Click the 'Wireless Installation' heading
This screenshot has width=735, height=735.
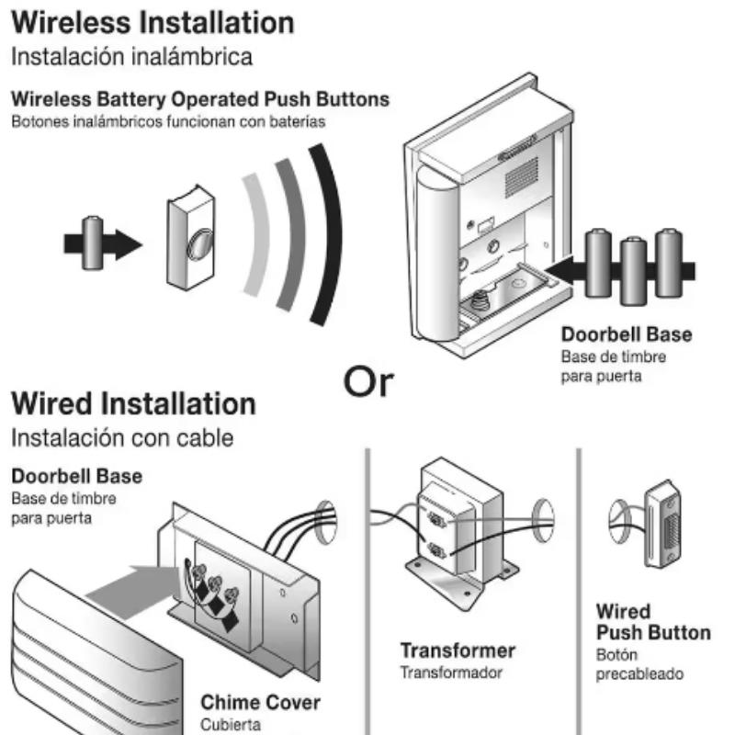click(153, 22)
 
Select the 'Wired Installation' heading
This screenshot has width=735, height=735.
click(133, 403)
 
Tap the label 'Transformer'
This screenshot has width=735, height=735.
click(458, 650)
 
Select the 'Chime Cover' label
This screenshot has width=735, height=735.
click(261, 703)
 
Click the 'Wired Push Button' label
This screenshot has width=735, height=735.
click(652, 622)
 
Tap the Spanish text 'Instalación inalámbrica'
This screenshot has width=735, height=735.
click(131, 57)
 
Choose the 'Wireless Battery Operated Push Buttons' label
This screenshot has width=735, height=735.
click(200, 98)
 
